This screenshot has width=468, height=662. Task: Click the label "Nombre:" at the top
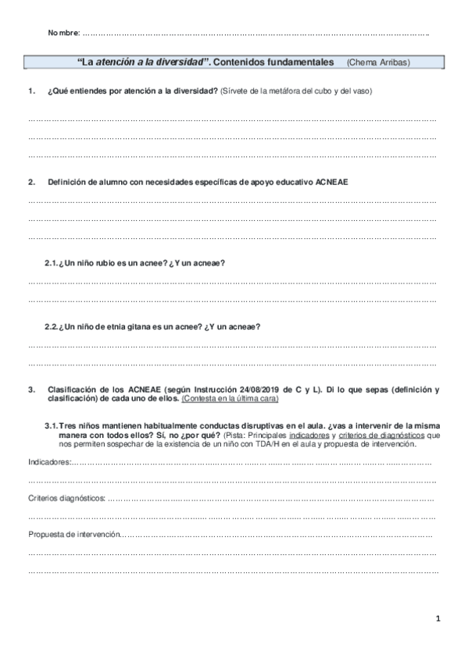point(63,33)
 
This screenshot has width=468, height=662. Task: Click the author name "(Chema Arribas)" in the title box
point(378,61)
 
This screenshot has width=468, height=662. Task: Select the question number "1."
point(31,91)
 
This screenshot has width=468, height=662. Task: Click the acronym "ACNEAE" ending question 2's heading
point(333,182)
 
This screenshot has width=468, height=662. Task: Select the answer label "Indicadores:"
point(48,463)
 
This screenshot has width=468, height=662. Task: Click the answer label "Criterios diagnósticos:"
point(66,498)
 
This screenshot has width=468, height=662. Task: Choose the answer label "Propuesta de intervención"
point(74,535)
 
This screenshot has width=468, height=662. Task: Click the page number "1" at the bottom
point(438,619)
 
